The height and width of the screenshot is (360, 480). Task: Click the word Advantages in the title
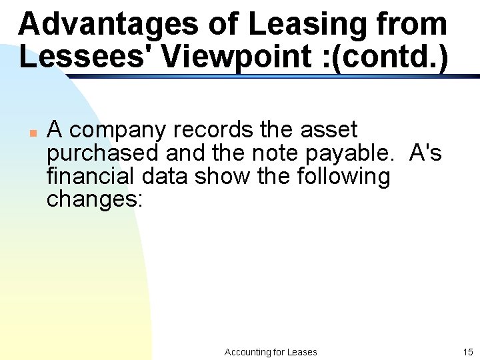tap(109, 25)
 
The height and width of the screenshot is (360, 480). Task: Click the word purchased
tap(103, 153)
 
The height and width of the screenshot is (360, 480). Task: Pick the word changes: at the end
tap(95, 200)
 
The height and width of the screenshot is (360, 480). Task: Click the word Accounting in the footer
tap(247, 352)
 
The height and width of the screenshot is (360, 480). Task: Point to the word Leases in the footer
tap(302, 352)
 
